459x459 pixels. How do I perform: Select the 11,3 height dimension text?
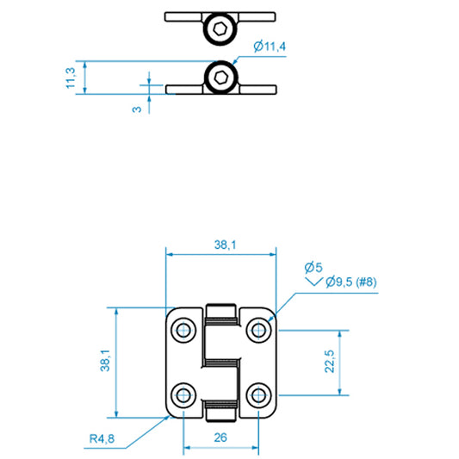tap(71, 78)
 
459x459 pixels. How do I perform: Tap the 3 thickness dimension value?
tap(136, 110)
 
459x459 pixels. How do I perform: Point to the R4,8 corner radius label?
tap(101, 439)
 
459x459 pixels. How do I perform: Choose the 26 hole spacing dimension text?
tap(220, 437)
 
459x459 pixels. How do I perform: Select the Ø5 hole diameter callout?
tap(313, 267)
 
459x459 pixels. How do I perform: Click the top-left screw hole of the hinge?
tap(184, 330)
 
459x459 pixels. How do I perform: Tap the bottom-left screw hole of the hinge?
tap(184, 394)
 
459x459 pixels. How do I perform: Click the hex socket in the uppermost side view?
tap(220, 30)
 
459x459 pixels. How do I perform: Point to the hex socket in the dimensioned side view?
tap(220, 78)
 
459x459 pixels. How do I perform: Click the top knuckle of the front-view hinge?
tap(221, 314)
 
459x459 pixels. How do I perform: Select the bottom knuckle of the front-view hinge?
tap(221, 410)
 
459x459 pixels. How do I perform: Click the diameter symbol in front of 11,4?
tap(258, 47)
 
